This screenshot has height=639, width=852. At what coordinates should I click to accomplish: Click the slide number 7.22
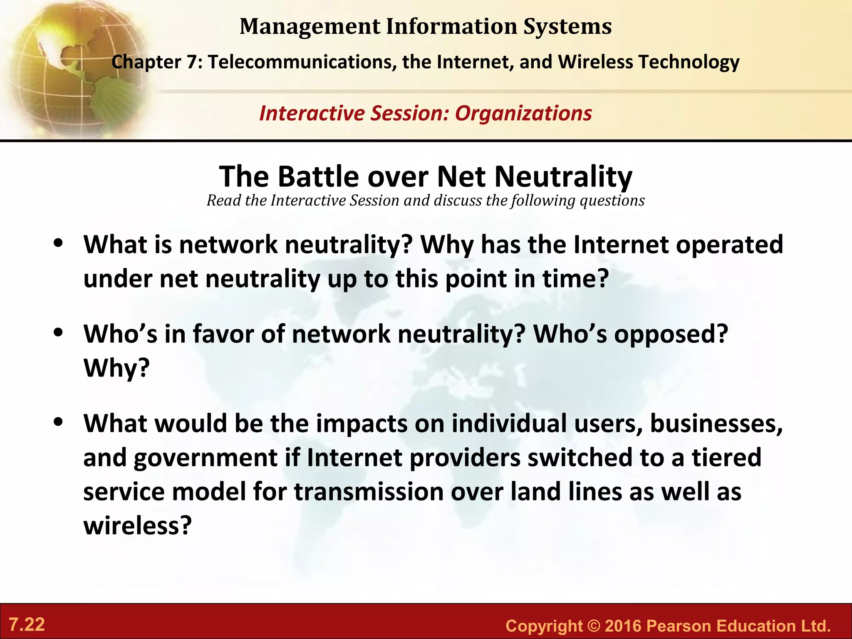click(27, 625)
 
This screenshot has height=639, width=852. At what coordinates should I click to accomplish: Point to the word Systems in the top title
click(567, 27)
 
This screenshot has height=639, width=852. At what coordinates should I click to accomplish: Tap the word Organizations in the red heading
click(523, 114)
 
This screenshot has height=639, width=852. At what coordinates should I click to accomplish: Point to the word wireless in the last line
click(137, 525)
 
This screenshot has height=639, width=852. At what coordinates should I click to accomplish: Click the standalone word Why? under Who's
click(116, 368)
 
